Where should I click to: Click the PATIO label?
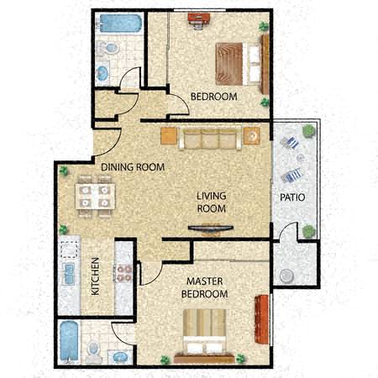tap(292, 197)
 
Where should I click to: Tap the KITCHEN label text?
tap(96, 276)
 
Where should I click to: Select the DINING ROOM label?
tap(133, 167)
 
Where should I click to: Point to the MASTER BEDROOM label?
tap(205, 287)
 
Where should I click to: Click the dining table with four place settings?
tap(96, 197)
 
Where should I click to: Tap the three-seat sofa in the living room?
tap(210, 139)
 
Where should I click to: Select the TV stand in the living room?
tap(211, 228)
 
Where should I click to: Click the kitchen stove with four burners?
tap(123, 273)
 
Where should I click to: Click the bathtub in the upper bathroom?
tap(119, 24)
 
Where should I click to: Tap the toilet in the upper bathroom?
tap(108, 48)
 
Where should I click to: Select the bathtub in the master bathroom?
tap(69, 341)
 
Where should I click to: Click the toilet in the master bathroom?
tap(93, 352)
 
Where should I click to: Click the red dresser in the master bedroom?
tap(262, 318)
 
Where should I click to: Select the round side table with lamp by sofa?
tap(251, 136)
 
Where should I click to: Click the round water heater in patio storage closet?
tap(286, 276)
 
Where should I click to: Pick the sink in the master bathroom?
tap(120, 357)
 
